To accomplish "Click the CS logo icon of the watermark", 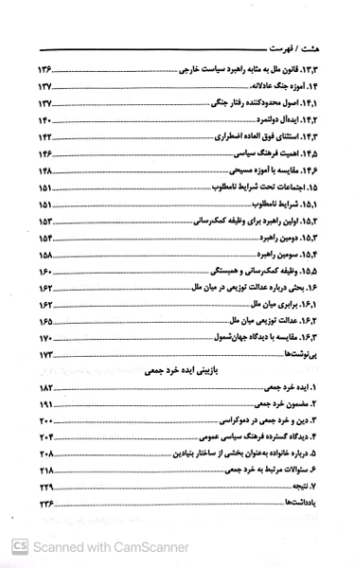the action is (x=17, y=546).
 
